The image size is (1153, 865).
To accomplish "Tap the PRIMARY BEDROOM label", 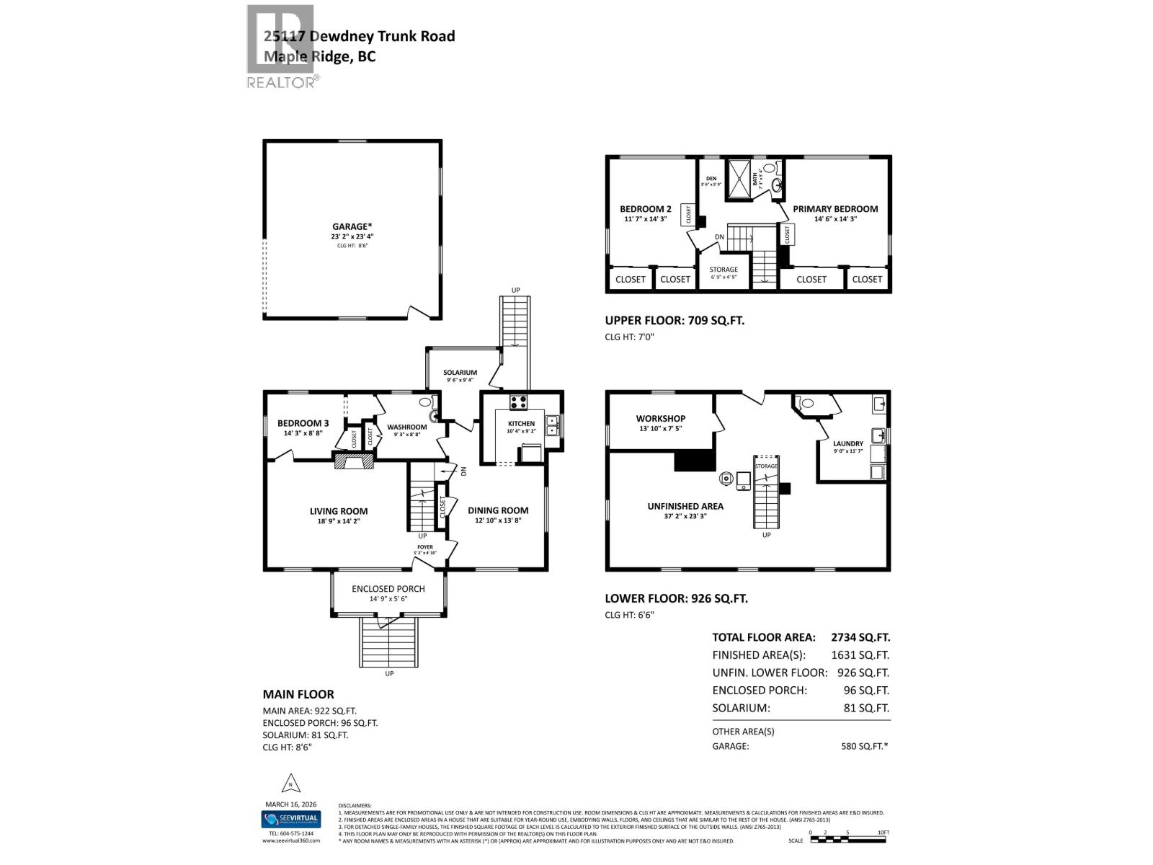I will [835, 209].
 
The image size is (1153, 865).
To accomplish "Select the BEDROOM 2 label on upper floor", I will [645, 209].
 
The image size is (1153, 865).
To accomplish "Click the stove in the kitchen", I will [519, 402].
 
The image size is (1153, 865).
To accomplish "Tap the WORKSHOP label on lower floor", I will [660, 418].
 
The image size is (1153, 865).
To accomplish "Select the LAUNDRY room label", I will [848, 444].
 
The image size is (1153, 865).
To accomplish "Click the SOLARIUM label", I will [460, 373].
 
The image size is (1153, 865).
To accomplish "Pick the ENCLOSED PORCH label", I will [388, 588].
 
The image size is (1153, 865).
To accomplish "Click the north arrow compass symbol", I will [290, 783].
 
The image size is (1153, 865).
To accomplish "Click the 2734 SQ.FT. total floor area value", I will [860, 637].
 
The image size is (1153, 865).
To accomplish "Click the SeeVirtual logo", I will [290, 820].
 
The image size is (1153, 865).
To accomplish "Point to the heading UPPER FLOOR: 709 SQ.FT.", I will [675, 320].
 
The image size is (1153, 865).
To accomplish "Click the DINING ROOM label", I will [498, 510].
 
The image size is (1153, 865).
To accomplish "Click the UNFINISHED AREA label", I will [685, 506].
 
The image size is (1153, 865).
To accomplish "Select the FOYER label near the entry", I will [424, 547].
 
